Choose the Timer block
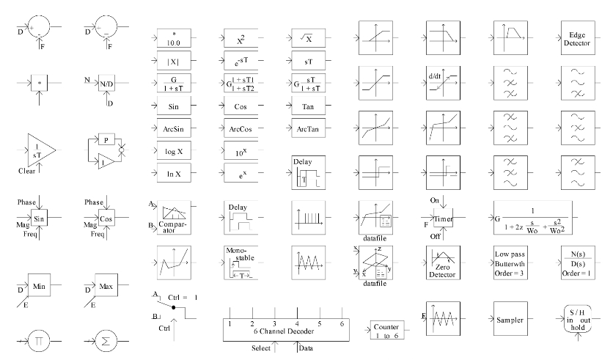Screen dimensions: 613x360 [444, 218]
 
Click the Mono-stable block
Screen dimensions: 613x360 [241, 264]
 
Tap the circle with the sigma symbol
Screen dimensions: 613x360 [107, 342]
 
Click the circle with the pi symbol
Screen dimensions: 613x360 [40, 342]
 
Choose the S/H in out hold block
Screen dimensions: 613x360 [575, 320]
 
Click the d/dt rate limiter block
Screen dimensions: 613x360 [442, 84]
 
